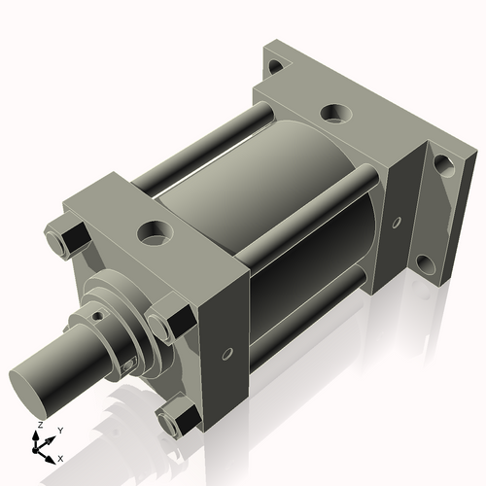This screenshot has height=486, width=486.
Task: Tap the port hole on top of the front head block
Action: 154,232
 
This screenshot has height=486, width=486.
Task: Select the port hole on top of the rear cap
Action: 335,113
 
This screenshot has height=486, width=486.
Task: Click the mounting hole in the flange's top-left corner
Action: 276,67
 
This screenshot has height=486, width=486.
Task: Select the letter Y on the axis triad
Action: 59,430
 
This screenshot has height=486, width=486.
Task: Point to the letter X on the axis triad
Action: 60,457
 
